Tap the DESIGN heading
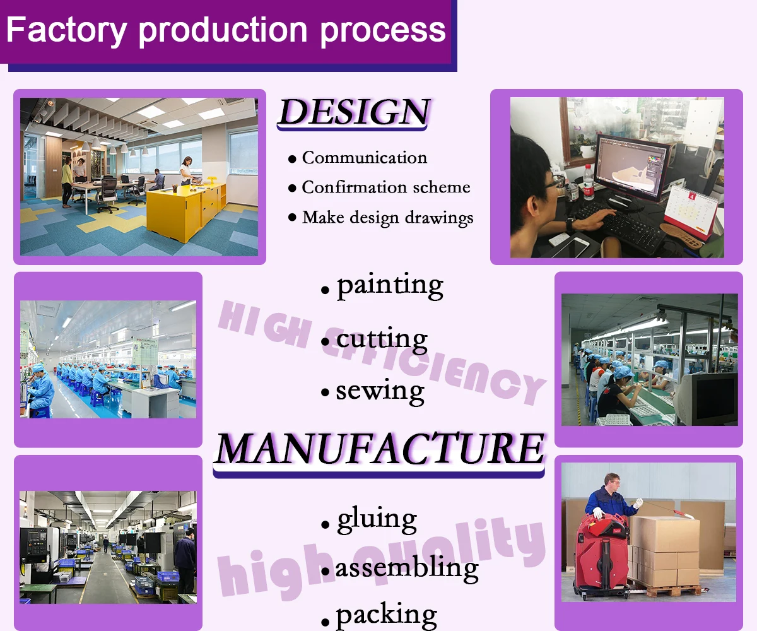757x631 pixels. pyautogui.click(x=355, y=111)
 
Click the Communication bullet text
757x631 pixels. pyautogui.click(x=365, y=158)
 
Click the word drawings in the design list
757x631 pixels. pyautogui.click(x=439, y=218)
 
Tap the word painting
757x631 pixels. pyautogui.click(x=390, y=286)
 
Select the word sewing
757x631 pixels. pyautogui.click(x=380, y=391)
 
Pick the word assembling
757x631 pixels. pyautogui.click(x=407, y=569)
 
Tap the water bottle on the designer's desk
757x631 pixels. pyautogui.click(x=588, y=182)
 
